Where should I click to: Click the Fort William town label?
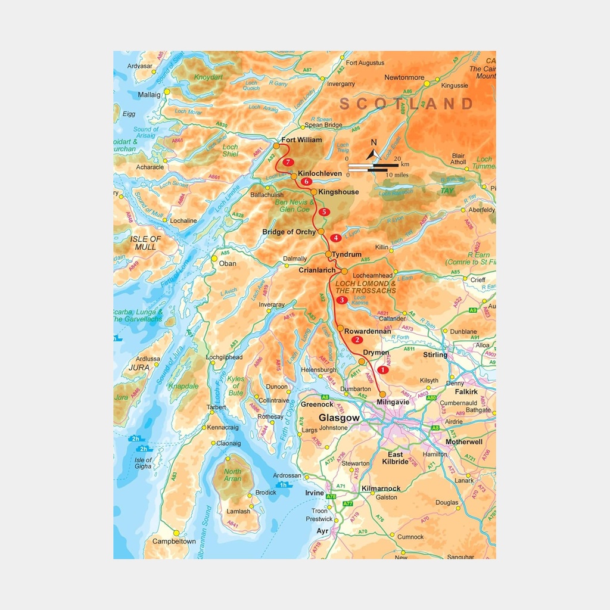click(301, 140)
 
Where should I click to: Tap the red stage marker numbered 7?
click(288, 162)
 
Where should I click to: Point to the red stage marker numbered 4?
click(336, 238)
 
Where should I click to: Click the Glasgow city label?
click(339, 418)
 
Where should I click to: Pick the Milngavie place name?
click(393, 402)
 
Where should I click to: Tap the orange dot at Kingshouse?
click(313, 192)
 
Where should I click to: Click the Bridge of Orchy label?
click(289, 232)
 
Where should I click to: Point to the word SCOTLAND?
click(407, 104)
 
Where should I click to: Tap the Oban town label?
click(228, 263)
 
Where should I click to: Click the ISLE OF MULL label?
click(146, 243)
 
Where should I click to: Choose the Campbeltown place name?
click(174, 541)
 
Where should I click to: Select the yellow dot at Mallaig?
click(167, 92)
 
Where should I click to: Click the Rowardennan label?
click(368, 331)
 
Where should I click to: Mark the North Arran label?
click(233, 475)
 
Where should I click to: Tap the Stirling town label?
click(435, 355)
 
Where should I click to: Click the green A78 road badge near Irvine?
click(331, 496)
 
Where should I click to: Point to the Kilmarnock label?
click(381, 488)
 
